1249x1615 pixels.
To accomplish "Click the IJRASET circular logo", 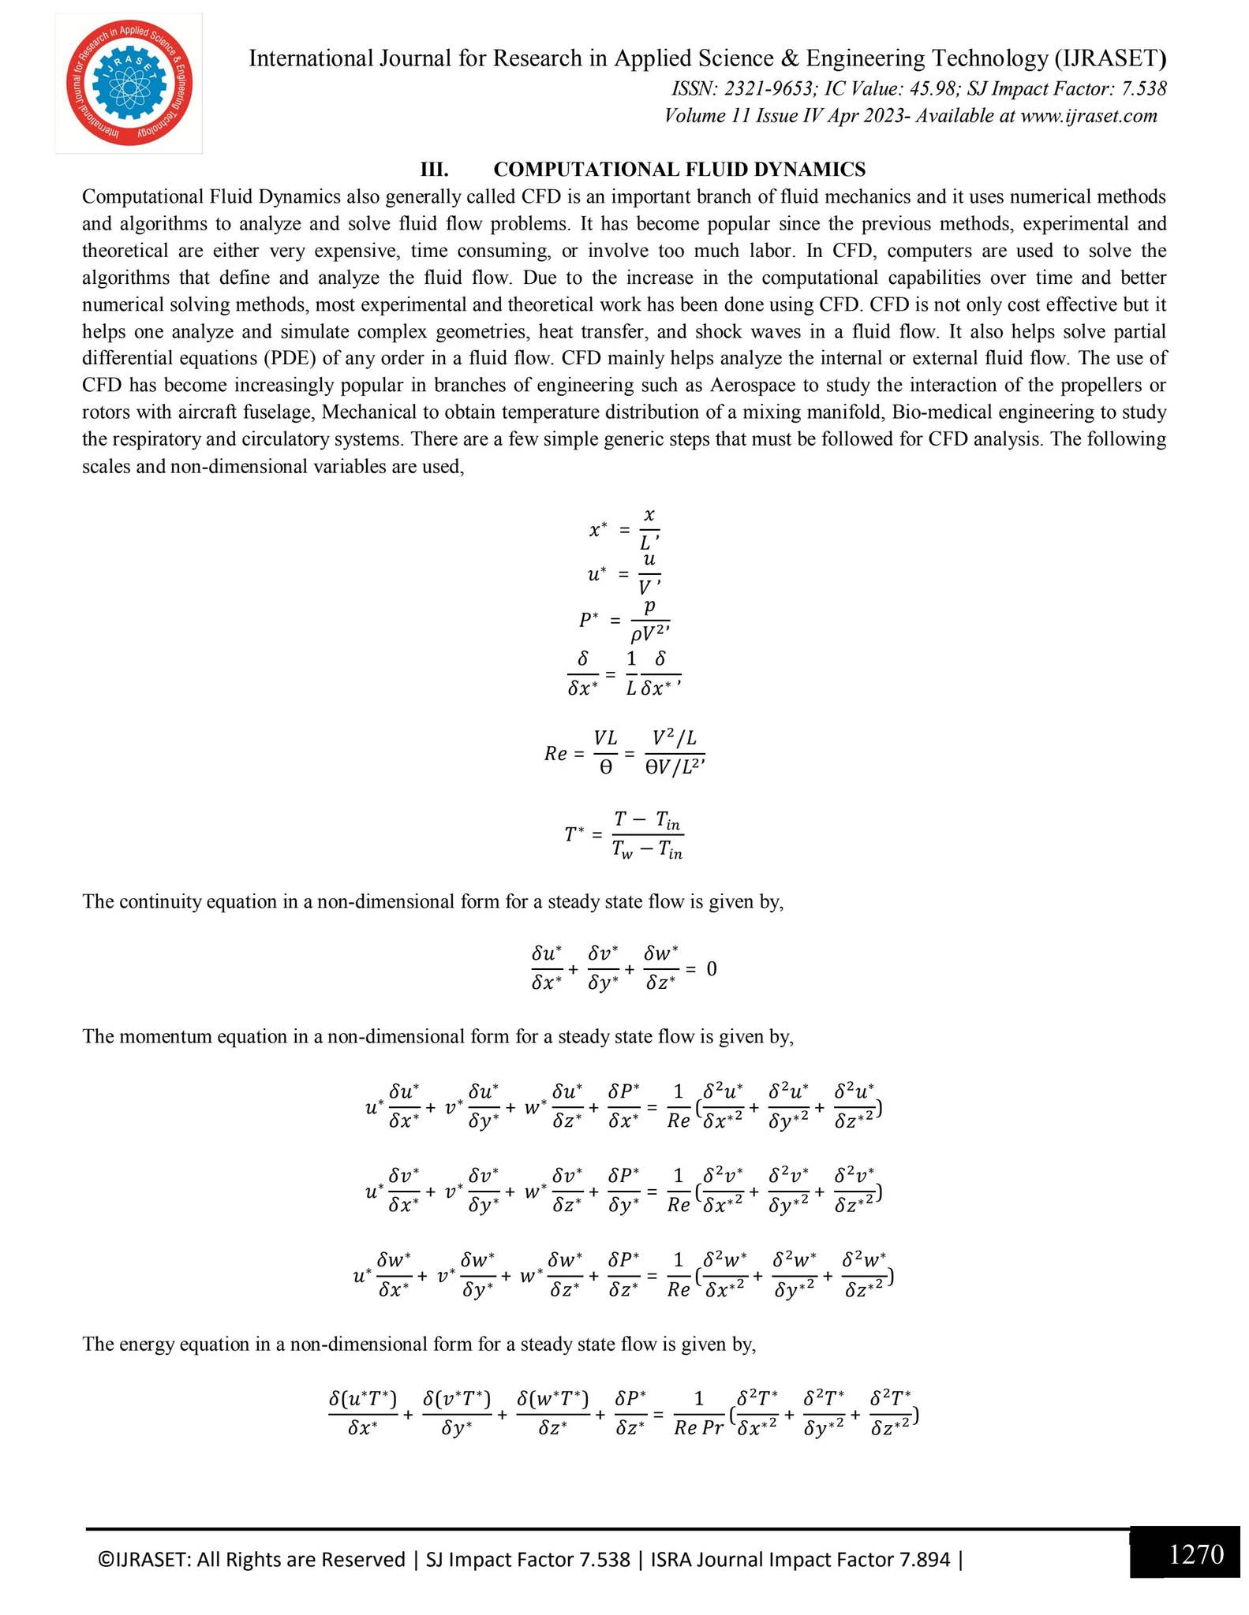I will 129,83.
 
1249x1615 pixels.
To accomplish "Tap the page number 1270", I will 1195,1554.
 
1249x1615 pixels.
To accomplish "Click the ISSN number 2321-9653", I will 770,89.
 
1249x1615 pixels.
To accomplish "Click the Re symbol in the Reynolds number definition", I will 555,754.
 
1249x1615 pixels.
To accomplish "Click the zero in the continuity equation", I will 712,968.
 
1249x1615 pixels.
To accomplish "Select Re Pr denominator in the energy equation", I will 698,1428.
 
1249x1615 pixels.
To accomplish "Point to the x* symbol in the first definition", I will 598,530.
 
